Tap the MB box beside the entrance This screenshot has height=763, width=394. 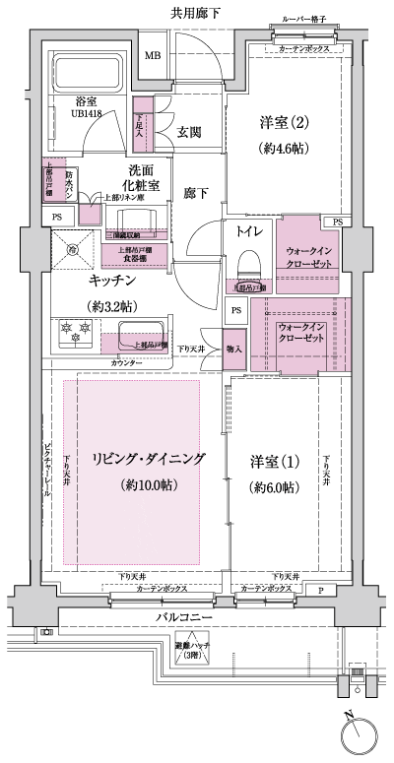coord(153,54)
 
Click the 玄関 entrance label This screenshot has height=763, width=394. coord(190,131)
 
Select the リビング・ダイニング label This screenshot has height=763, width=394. coord(148,459)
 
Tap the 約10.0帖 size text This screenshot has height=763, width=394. coord(148,485)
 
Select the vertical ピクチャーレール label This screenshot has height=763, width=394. coord(47,474)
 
